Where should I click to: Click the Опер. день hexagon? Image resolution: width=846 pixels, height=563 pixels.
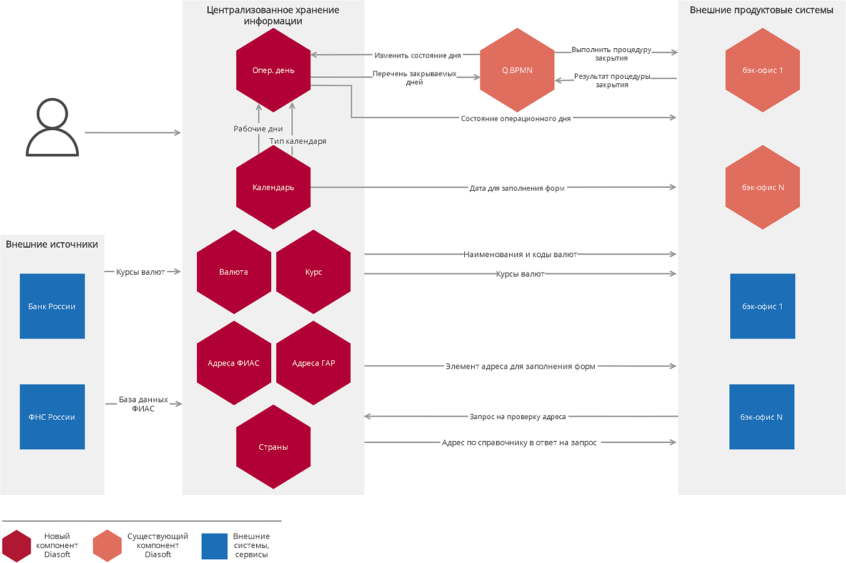[273, 70]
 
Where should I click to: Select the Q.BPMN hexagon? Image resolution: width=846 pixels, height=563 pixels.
[517, 70]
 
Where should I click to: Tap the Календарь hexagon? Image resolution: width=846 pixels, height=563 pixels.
[273, 187]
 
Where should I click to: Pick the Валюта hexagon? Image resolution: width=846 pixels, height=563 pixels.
[234, 272]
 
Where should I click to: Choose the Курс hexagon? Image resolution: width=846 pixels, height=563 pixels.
[313, 272]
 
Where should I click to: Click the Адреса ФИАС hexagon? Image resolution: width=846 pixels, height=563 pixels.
[234, 363]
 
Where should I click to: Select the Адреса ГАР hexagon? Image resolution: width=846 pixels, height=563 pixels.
[313, 363]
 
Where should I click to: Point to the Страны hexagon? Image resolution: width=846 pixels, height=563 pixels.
[273, 447]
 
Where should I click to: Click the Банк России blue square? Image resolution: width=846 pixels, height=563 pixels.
[52, 307]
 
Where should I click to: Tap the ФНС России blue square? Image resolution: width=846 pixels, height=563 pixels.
[52, 417]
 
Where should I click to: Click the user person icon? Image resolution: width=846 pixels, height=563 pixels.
[52, 127]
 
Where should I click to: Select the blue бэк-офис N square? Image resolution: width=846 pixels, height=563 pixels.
[762, 417]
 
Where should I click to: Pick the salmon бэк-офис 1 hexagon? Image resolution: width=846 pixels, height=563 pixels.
[762, 70]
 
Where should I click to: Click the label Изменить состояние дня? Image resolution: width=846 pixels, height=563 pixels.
[417, 56]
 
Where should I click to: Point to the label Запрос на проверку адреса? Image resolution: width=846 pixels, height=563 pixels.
[517, 417]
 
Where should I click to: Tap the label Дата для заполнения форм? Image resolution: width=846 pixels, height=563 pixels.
[517, 188]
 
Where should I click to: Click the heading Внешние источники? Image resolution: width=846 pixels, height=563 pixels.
[52, 244]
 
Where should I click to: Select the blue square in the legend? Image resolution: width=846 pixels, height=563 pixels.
[214, 546]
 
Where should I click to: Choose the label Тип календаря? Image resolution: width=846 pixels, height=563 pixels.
[297, 141]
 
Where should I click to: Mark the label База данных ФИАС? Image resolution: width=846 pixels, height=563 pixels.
[143, 404]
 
